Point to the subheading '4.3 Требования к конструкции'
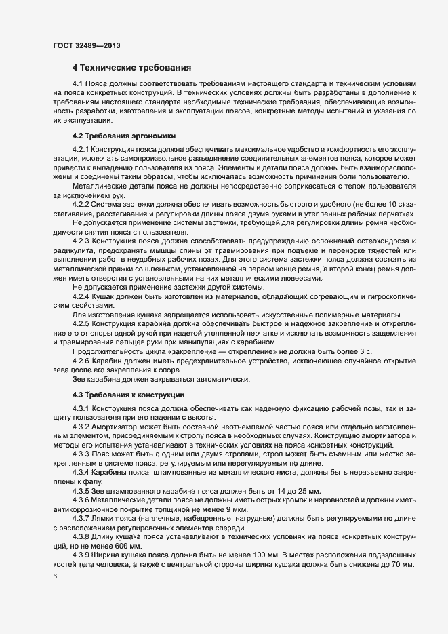click(124, 395)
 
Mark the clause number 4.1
click(77, 83)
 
